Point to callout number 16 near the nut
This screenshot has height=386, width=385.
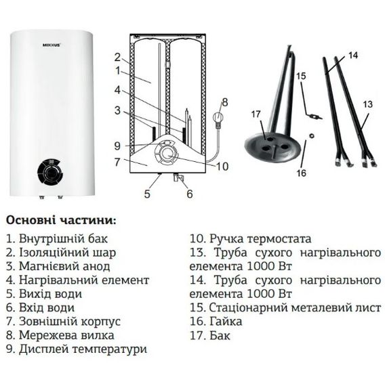(x=301, y=173)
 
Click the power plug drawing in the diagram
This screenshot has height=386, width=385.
(x=218, y=116)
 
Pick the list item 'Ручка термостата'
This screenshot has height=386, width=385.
(x=250, y=238)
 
